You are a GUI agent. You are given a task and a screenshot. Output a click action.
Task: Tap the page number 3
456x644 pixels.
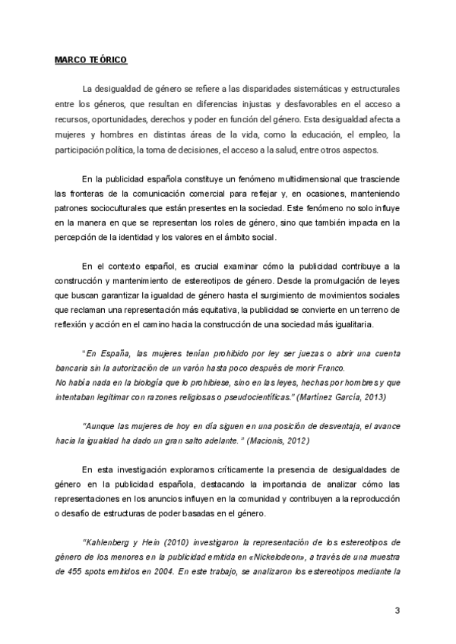pos(397,611)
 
